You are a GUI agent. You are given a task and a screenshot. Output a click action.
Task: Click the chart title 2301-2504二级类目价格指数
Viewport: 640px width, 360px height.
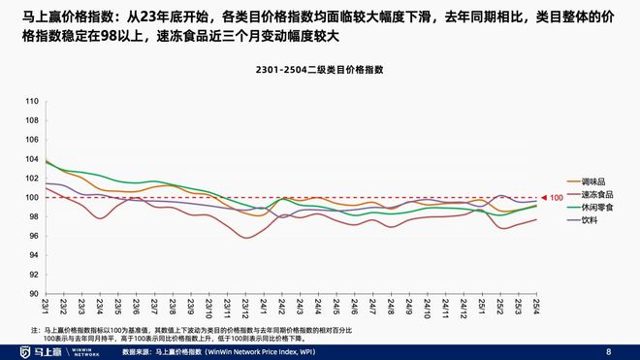(x=320, y=70)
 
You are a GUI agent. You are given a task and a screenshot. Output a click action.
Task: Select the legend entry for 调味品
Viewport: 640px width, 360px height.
(x=593, y=182)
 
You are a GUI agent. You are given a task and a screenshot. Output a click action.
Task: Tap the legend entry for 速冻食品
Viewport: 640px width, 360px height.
(x=596, y=195)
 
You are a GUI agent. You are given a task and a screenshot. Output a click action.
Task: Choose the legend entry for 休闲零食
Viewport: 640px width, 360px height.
(x=596, y=208)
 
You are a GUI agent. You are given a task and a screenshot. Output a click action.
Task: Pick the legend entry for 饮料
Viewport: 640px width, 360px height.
(x=590, y=220)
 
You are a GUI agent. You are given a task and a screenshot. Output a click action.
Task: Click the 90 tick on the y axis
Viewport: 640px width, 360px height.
(x=32, y=294)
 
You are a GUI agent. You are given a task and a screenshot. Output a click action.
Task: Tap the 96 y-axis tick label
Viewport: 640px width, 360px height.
(x=32, y=236)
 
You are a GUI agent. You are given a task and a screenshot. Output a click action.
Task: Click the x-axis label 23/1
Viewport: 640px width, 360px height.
(x=45, y=306)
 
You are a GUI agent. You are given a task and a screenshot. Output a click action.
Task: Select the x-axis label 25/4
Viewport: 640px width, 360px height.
(x=535, y=306)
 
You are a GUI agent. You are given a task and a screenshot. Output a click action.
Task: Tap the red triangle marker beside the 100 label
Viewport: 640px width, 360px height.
(x=545, y=198)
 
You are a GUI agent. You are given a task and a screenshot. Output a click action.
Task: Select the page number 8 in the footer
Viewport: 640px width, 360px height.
(x=609, y=350)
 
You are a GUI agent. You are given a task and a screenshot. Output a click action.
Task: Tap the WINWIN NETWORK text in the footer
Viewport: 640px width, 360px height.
(x=85, y=350)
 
